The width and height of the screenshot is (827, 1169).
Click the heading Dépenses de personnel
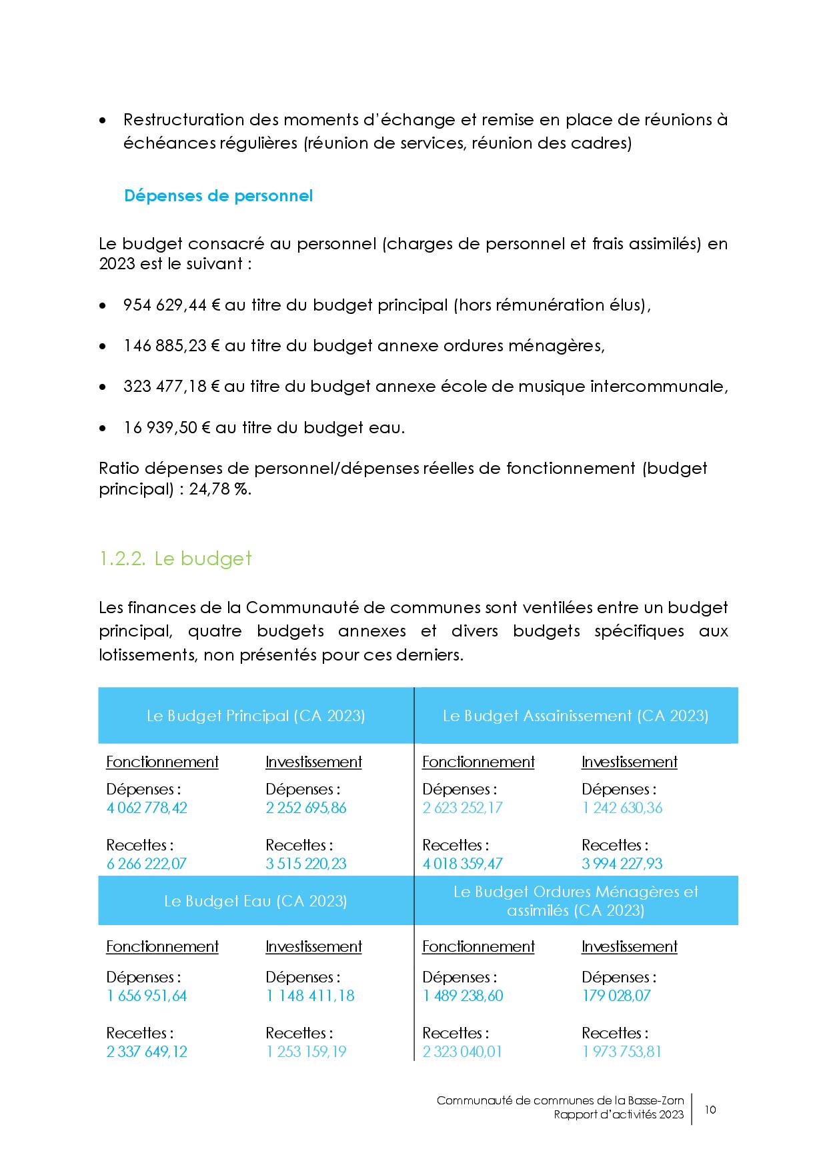tap(218, 196)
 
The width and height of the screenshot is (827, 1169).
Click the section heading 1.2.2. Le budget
tap(175, 558)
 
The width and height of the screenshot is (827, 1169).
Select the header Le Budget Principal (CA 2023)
tap(255, 716)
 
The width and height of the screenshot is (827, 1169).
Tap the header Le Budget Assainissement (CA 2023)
tap(575, 716)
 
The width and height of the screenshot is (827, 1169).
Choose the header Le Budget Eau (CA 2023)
tap(255, 901)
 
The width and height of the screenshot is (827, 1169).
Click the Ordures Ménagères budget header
tap(575, 900)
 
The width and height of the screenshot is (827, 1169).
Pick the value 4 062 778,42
tap(147, 808)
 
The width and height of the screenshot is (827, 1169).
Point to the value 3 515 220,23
tap(306, 864)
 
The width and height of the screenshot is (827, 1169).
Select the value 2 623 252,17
tap(462, 808)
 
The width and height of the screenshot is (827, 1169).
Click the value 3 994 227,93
tap(622, 864)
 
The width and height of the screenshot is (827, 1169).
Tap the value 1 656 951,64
tap(147, 996)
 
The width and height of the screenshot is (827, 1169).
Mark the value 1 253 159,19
tap(306, 1052)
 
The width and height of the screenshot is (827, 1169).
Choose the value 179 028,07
tap(616, 996)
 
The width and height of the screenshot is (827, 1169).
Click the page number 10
tap(710, 1110)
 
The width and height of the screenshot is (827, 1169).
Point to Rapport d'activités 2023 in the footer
tap(618, 1114)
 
